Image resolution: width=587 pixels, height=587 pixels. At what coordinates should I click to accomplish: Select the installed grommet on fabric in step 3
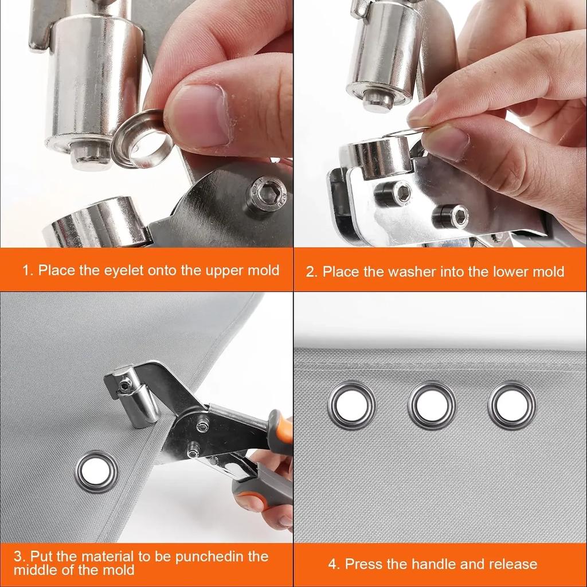[96, 472]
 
